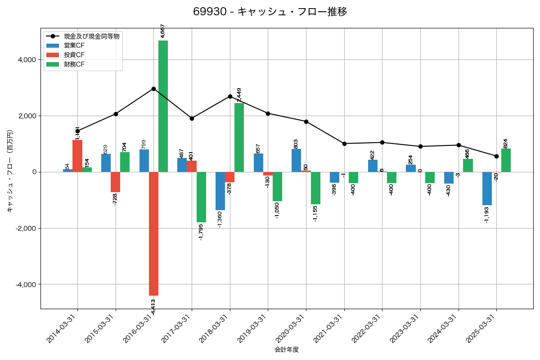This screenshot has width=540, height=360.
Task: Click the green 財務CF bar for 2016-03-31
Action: [163, 106]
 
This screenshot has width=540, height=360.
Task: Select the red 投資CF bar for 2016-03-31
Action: [153, 234]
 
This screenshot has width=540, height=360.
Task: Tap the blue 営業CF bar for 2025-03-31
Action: [487, 189]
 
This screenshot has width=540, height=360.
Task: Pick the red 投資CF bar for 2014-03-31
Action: [77, 156]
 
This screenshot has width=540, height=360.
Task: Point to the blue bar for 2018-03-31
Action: [220, 191]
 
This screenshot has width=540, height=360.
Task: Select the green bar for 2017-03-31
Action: [201, 197]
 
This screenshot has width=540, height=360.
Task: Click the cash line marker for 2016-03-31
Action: [153, 89]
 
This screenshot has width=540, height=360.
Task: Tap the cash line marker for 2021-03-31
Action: [344, 144]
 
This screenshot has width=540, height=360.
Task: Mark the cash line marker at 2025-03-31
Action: [496, 156]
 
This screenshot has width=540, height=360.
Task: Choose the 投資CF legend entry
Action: [74, 55]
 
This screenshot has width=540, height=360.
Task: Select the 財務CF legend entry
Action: [74, 64]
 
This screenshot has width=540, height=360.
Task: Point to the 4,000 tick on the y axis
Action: [27, 60]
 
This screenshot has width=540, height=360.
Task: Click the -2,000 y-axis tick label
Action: [26, 228]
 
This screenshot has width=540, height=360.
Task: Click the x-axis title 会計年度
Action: [287, 350]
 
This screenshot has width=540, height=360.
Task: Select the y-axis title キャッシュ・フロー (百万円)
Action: [10, 171]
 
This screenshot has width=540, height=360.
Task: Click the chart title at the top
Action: [270, 12]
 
